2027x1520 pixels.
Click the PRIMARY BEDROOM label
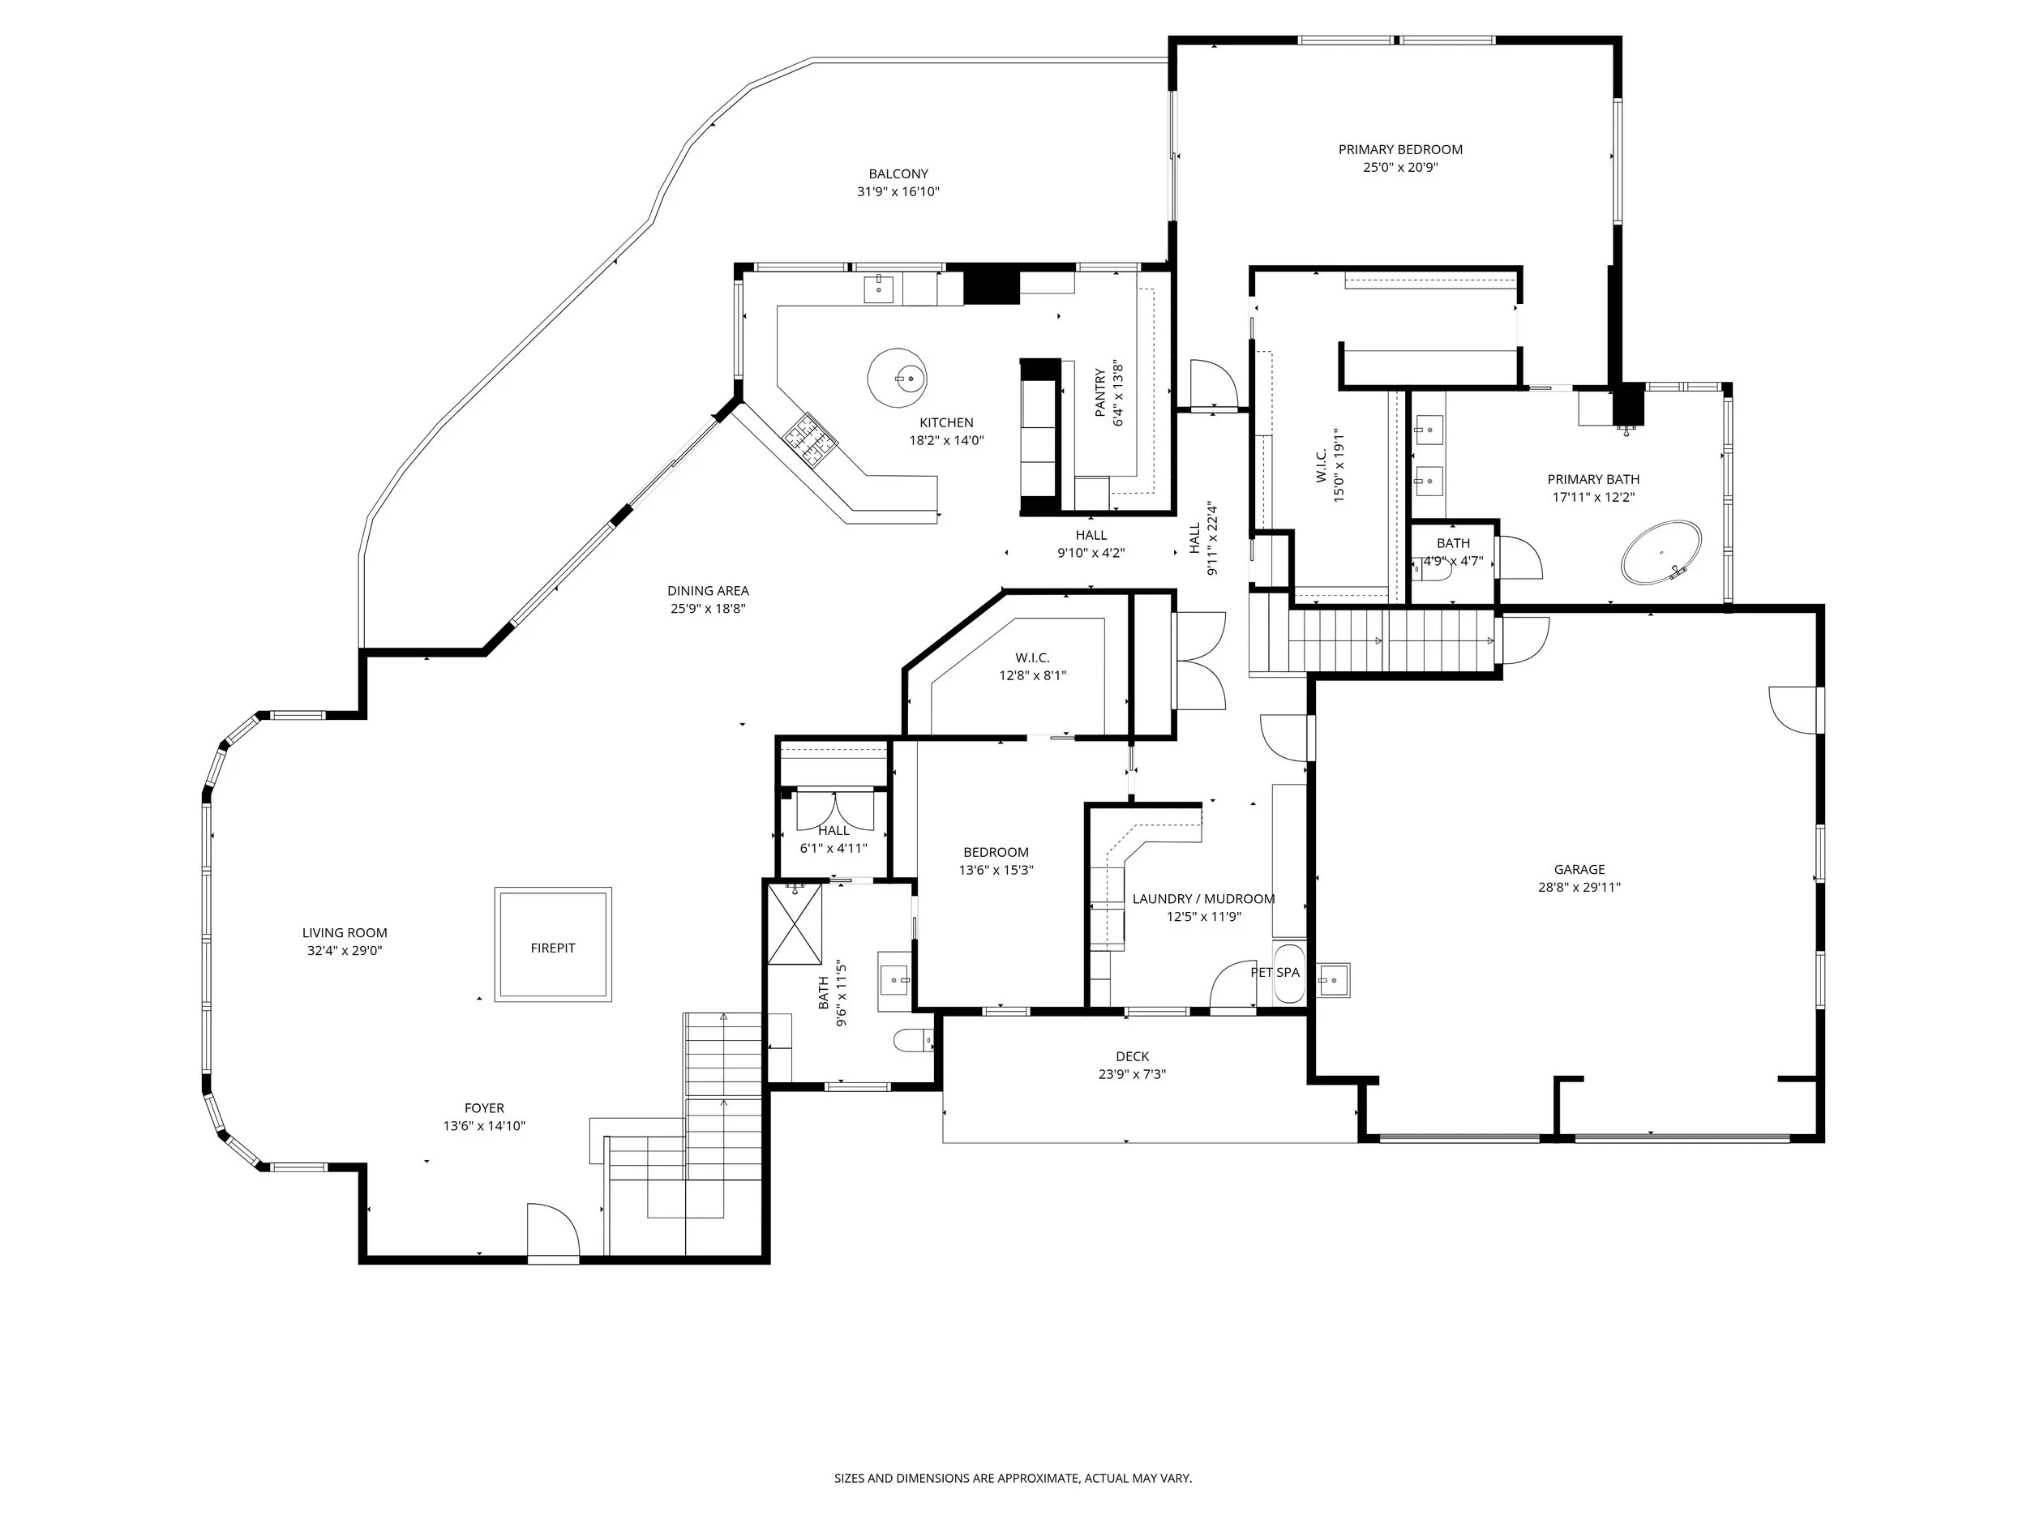[1400, 149]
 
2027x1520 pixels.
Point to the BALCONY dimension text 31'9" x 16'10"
[898, 191]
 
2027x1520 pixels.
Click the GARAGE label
[1579, 870]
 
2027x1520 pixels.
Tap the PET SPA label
[1275, 972]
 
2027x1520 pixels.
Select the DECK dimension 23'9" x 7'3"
[1132, 1075]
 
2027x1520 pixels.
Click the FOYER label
[484, 1107]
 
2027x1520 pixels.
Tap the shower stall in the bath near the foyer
[795, 923]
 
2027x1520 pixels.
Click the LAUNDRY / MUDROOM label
[1203, 899]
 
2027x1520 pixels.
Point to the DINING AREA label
[708, 591]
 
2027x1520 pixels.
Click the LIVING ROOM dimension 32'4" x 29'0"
[345, 951]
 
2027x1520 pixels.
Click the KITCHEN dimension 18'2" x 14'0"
[945, 441]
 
